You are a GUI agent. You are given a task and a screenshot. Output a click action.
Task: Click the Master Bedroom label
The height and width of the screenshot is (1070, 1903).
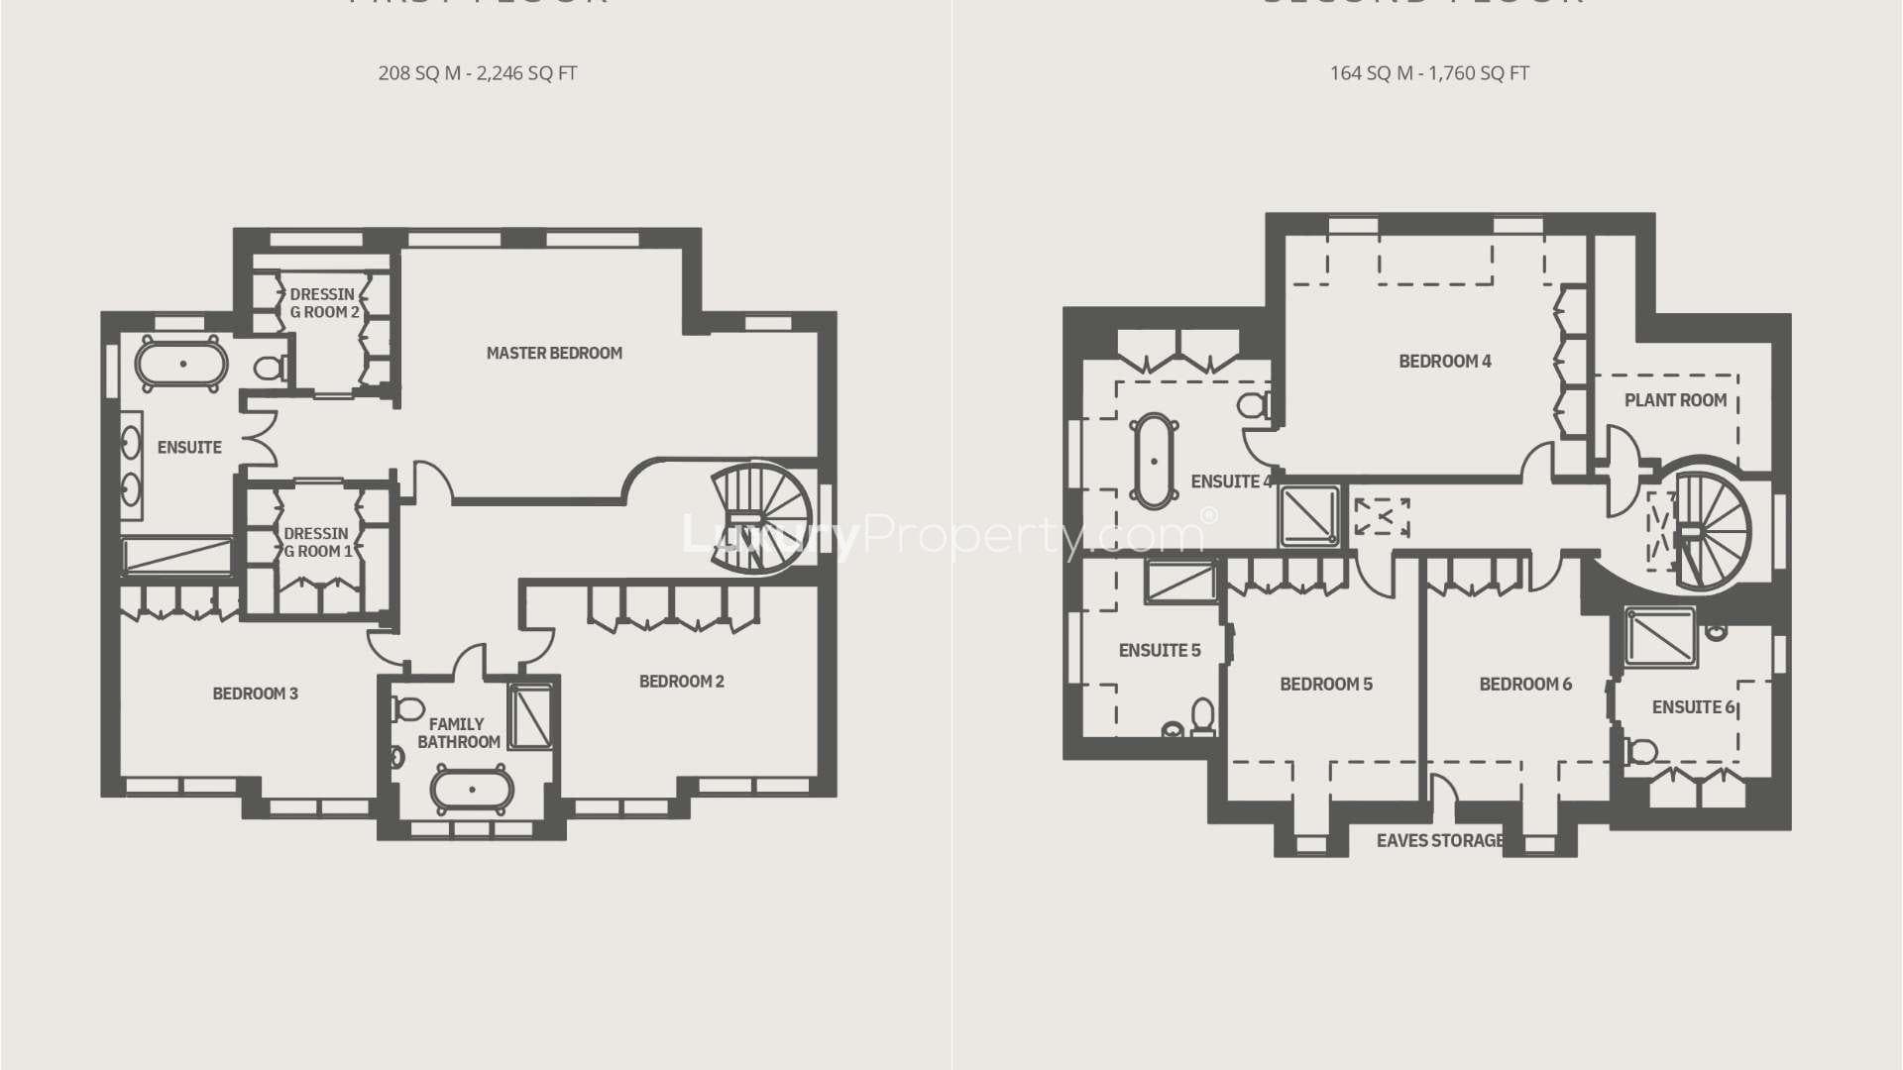554,353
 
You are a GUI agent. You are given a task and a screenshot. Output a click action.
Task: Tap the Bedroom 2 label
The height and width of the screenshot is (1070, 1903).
681,682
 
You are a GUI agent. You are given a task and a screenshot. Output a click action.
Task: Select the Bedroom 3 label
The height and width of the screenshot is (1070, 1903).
255,694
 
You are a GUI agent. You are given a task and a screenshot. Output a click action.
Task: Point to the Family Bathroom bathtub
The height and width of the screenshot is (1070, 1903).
472,791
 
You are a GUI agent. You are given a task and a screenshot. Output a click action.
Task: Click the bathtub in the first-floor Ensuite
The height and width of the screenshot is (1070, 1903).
182,364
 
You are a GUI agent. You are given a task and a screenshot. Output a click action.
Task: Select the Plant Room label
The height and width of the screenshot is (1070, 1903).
1675,400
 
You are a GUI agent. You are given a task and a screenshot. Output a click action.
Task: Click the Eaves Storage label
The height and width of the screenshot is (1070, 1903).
1439,841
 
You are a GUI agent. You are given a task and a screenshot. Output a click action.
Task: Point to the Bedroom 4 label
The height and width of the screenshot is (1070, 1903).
1444,362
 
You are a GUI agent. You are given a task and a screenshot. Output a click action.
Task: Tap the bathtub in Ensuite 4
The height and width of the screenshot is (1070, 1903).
1154,461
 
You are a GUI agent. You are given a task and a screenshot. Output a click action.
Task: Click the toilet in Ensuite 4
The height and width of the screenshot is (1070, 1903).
1256,404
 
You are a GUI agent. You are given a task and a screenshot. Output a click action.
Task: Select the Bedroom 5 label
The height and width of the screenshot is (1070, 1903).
1325,685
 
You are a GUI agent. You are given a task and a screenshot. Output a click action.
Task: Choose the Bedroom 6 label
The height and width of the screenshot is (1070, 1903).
1525,685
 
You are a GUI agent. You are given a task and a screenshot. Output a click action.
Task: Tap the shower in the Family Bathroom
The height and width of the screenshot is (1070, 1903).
531,714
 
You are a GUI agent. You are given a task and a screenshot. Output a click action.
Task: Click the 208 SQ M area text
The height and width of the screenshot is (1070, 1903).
477,73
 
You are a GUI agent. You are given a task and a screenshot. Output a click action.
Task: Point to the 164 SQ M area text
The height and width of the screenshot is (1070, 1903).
1428,73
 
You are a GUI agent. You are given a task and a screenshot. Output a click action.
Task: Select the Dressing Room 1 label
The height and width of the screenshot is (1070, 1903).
317,542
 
